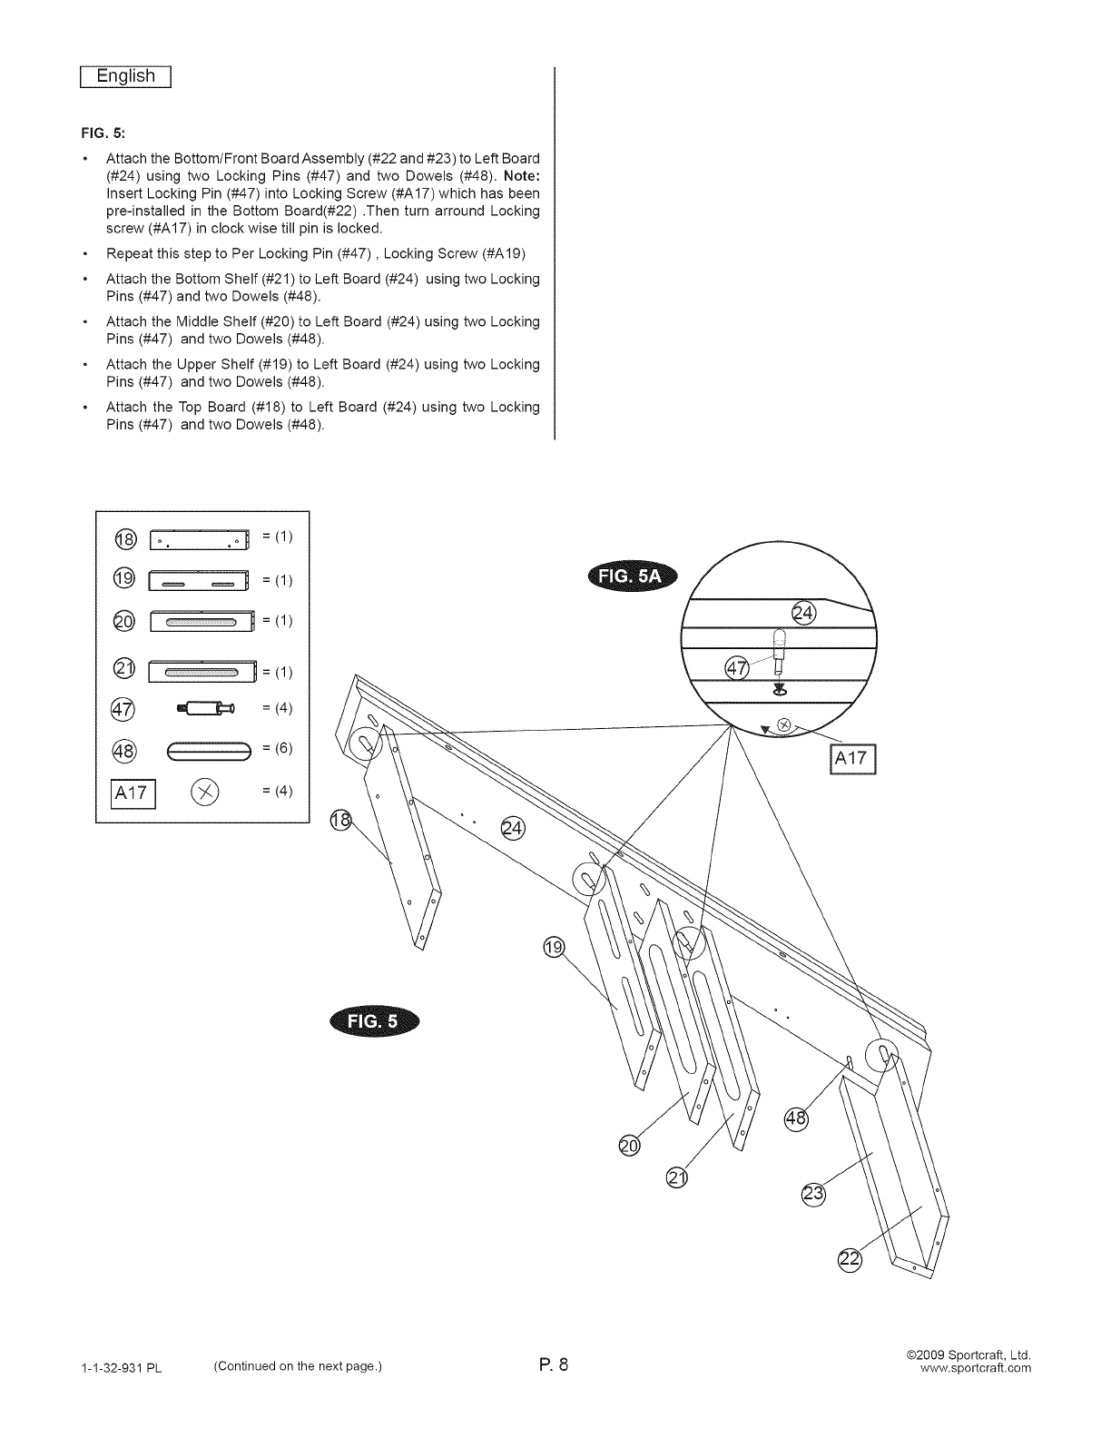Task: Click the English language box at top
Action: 127,77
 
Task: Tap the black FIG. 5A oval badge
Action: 633,576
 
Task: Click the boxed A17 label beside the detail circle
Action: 850,759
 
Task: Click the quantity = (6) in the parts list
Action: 277,748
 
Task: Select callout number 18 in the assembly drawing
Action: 339,820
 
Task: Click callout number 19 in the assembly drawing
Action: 552,949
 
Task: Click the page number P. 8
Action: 550,1364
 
